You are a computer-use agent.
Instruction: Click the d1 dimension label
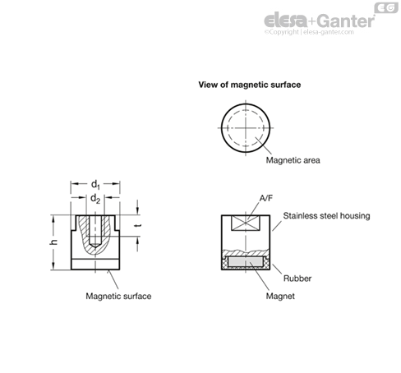[x=95, y=185]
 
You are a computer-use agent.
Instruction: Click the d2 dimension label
[x=95, y=198]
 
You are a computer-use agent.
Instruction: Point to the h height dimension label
[x=54, y=242]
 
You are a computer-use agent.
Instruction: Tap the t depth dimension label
[x=138, y=226]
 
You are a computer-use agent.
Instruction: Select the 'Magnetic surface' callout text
[x=118, y=296]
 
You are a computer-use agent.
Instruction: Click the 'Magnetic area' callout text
[x=293, y=160]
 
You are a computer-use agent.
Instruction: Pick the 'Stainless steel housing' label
[x=326, y=216]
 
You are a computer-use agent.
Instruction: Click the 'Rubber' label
[x=297, y=279]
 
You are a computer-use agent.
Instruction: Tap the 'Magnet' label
[x=280, y=296]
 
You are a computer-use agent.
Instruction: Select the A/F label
[x=266, y=198]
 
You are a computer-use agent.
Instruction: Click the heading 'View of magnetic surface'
[x=250, y=85]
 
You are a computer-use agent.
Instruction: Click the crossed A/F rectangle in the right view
[x=245, y=223]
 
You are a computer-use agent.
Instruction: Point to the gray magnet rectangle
[x=246, y=262]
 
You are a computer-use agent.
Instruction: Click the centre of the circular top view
[x=246, y=128]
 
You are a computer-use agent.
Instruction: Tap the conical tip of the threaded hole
[x=95, y=246]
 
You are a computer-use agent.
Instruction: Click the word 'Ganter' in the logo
[x=346, y=21]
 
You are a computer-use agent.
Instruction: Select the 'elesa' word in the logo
[x=286, y=21]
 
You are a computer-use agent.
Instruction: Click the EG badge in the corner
[x=386, y=7]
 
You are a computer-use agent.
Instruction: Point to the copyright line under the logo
[x=309, y=32]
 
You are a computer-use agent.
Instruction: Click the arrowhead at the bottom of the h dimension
[x=53, y=266]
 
